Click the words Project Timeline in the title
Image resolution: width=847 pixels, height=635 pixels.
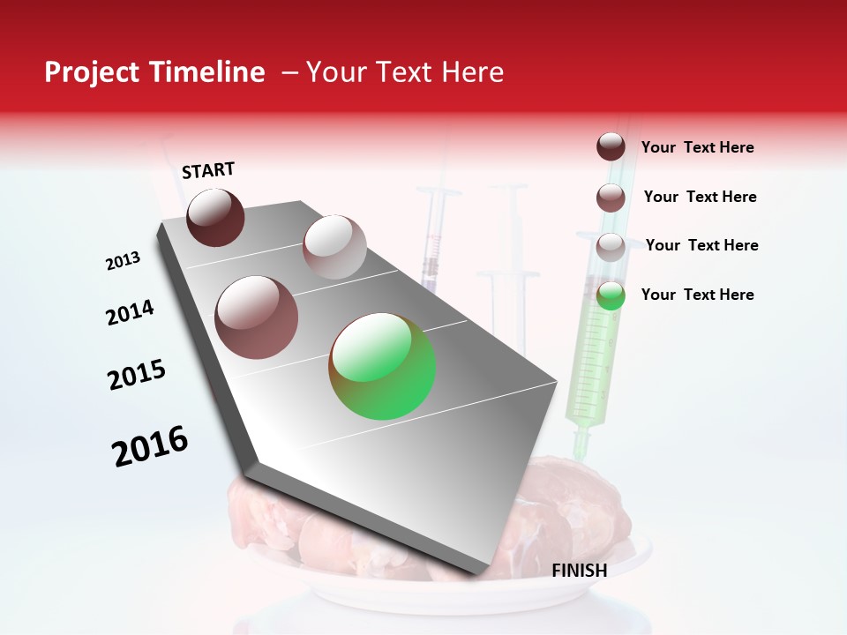tap(154, 72)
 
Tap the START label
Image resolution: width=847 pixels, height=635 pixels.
tap(208, 170)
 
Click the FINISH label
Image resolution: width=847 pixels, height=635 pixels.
tap(579, 571)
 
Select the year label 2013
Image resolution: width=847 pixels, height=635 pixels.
tap(123, 261)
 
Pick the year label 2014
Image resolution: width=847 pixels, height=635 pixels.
tap(130, 312)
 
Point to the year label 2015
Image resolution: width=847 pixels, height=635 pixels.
tap(137, 375)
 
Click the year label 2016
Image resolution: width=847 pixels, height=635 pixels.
tap(150, 446)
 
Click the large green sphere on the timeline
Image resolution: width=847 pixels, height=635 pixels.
tap(382, 366)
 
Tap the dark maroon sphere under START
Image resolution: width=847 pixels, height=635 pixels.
tap(216, 217)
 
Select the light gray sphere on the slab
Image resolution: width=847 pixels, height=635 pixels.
tap(334, 247)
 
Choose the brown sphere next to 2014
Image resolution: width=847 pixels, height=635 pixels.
tap(257, 317)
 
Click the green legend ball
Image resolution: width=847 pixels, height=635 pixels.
tap(611, 295)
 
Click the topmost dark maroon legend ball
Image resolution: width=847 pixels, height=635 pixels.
tap(611, 147)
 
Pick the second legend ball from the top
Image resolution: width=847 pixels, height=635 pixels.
tap(611, 198)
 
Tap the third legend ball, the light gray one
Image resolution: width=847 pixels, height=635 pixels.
tap(611, 247)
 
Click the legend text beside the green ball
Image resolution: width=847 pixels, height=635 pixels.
tap(697, 295)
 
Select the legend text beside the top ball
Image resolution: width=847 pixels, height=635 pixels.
tap(697, 147)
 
